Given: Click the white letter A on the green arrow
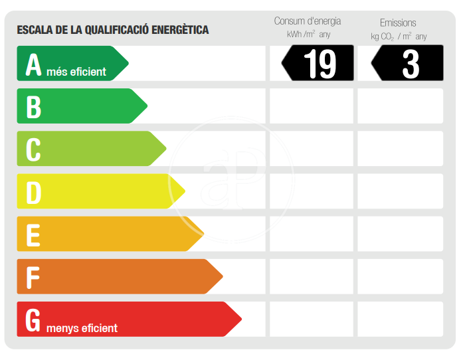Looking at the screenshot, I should pyautogui.click(x=33, y=64).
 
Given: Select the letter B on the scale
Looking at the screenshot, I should pyautogui.click(x=33, y=107).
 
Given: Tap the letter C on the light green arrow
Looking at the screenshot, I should pyautogui.click(x=33, y=149).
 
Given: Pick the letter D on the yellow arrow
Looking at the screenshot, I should pyautogui.click(x=33, y=192).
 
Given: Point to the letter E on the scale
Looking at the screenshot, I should pyautogui.click(x=33, y=234).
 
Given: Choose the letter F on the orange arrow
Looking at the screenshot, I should pyautogui.click(x=33, y=277).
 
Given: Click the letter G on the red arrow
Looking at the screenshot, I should pyautogui.click(x=33, y=319).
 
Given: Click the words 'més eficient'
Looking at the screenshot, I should pyautogui.click(x=76, y=72).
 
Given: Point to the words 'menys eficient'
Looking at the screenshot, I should pyautogui.click(x=82, y=328).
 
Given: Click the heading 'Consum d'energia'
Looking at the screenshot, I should pyautogui.click(x=308, y=21).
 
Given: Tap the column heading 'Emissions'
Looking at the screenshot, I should pyautogui.click(x=398, y=23).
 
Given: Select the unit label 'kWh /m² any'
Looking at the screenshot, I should pyautogui.click(x=308, y=35).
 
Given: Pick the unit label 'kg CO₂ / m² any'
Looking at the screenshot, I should pyautogui.click(x=399, y=36).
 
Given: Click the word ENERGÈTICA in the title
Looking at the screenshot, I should pyautogui.click(x=180, y=30).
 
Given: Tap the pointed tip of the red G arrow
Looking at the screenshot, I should pyautogui.click(x=240, y=319).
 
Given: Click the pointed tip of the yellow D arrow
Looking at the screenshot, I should pyautogui.click(x=184, y=192).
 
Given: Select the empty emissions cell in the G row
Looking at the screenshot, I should pyautogui.click(x=400, y=319).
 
